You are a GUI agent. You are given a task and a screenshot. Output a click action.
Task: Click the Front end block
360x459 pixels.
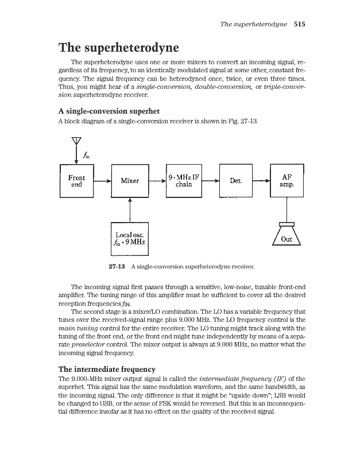[77, 181]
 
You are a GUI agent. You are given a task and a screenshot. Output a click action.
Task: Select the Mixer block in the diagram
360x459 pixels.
[130, 181]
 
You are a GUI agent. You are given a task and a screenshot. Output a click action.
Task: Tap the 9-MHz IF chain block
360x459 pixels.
[183, 181]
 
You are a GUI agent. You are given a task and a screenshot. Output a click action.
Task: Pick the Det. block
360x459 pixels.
[236, 181]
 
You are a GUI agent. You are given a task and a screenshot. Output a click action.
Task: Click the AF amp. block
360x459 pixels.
[287, 181]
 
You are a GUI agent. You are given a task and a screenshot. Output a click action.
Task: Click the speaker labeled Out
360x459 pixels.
[287, 236]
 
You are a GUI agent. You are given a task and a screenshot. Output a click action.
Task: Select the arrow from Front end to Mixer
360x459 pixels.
[103, 181]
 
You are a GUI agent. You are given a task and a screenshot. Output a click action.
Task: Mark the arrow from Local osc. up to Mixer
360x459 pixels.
[130, 210]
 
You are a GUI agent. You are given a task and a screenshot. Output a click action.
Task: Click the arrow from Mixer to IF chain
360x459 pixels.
[157, 181]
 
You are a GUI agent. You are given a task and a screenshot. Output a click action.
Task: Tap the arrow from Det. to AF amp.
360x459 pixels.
[261, 181]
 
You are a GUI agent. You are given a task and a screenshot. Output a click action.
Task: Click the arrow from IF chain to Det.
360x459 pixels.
[210, 181]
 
